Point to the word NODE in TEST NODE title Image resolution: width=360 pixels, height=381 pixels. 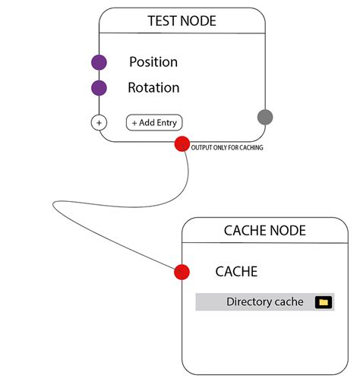199,21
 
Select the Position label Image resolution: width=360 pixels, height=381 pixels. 153,62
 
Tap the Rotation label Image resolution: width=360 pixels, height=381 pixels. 153,88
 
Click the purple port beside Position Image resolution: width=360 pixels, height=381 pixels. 99,62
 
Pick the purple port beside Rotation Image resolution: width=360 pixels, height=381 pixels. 99,88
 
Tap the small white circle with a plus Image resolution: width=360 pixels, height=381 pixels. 99,121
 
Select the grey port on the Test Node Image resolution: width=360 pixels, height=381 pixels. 265,117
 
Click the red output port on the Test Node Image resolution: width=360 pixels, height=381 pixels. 182,143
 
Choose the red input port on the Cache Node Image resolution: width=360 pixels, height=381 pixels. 182,272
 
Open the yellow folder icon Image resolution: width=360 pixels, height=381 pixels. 324,302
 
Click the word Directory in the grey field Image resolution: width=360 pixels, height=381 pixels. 249,302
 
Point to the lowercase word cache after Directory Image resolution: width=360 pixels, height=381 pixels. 289,302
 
